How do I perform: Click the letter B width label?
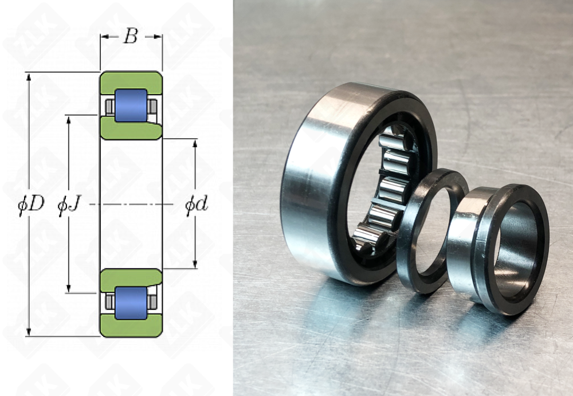131,37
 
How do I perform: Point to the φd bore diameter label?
195,205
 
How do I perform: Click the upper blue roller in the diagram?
131,105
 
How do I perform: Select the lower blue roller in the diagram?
131,303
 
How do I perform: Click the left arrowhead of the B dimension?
104,37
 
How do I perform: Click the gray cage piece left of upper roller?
109,106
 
